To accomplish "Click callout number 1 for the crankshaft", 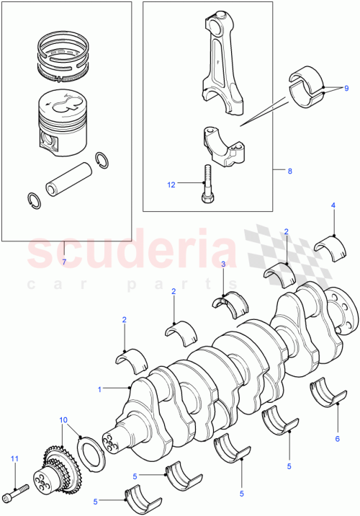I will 99,389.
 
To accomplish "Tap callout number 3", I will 223,264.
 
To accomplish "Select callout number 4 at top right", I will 333,206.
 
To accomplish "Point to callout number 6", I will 336,438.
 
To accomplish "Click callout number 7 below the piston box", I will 63,262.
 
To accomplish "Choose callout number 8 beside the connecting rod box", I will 289,172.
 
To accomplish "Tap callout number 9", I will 346,87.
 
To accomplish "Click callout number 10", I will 63,419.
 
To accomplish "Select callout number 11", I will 13,458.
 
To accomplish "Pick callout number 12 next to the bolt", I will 171,184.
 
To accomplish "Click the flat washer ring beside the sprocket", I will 93,453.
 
